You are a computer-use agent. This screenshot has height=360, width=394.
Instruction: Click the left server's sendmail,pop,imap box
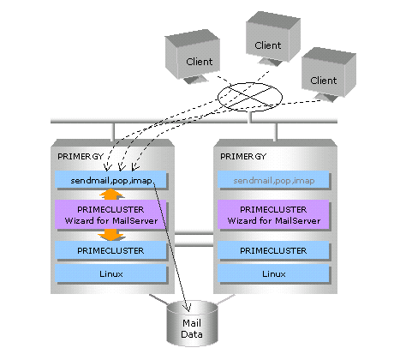click(110, 180)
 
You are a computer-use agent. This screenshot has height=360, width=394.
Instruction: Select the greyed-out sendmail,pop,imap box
click(273, 180)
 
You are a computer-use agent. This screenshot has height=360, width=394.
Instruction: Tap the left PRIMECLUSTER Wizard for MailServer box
click(110, 214)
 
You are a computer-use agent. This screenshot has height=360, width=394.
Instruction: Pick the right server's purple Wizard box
click(273, 214)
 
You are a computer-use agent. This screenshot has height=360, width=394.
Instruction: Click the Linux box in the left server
click(110, 273)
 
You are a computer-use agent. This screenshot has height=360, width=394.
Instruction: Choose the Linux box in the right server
click(273, 273)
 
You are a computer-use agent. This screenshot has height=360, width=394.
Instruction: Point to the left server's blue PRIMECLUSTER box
click(110, 250)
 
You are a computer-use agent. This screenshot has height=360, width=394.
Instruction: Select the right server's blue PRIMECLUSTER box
click(273, 250)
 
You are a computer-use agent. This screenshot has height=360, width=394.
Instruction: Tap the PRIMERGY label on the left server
click(81, 157)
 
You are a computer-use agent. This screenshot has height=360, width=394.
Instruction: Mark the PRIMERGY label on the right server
click(243, 157)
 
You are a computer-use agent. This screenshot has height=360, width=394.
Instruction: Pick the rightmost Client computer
click(329, 75)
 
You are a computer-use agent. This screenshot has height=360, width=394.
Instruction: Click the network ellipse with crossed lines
click(250, 97)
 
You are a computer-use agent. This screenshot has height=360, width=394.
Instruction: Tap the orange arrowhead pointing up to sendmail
click(111, 195)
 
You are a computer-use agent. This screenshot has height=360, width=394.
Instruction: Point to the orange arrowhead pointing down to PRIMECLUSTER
click(111, 236)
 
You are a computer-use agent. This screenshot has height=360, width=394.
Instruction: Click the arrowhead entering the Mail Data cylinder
click(188, 308)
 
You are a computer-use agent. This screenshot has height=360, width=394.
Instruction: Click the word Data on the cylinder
click(192, 334)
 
